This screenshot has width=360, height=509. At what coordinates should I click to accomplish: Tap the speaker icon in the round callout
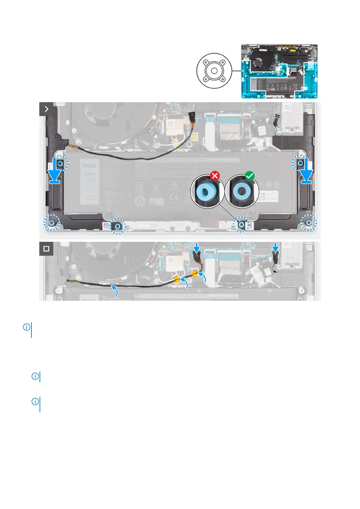[214, 71]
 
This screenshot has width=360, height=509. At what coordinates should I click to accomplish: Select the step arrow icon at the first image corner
[46, 109]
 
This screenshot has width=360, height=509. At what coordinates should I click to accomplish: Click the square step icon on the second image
[46, 248]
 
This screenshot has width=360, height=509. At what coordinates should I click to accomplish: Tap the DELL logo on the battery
[90, 166]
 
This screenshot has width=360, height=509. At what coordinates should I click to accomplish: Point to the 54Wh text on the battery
[90, 173]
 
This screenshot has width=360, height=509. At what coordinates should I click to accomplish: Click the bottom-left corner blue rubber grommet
[52, 223]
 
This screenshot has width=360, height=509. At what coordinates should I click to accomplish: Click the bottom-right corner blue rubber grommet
[308, 223]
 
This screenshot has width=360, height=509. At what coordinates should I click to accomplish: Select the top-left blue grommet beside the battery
[60, 164]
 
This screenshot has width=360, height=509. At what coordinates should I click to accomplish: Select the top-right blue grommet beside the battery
[300, 164]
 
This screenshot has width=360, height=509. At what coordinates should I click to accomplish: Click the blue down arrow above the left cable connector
[196, 248]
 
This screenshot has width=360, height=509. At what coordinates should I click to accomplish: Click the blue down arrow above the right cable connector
[275, 248]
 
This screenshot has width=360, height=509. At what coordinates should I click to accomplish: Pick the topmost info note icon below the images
[27, 327]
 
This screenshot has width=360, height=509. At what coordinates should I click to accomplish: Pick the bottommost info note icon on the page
[35, 402]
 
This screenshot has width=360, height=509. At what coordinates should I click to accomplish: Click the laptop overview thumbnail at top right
[279, 71]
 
